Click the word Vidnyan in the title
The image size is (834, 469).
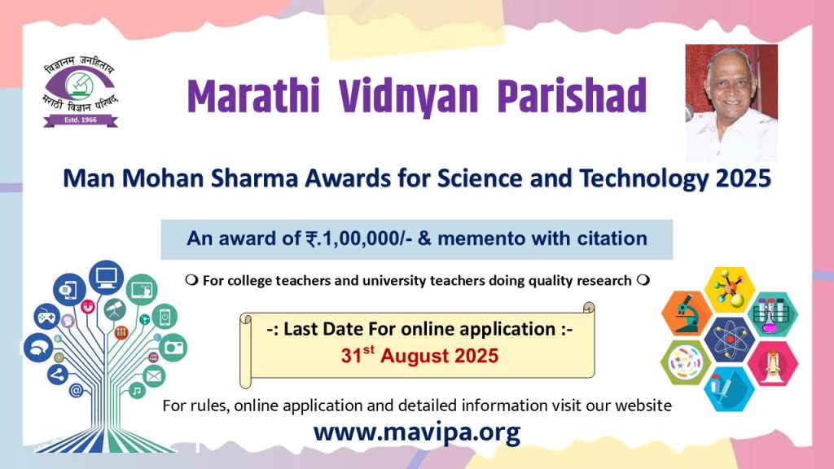coord(408,97)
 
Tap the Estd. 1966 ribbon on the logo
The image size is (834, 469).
coord(81,121)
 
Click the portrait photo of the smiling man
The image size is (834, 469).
coord(731,103)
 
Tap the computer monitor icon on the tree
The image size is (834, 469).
coord(107,277)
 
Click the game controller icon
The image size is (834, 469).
coord(46,317)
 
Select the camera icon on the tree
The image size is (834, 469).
coord(173,347)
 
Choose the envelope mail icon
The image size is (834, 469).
coord(154,376)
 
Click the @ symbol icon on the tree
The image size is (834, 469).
coord(76,391)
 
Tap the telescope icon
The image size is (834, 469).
coord(114,309)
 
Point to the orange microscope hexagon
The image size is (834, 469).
coord(687,313)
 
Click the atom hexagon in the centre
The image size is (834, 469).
coord(729,339)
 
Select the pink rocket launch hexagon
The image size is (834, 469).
coord(773,364)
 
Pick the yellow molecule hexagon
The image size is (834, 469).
coord(730,289)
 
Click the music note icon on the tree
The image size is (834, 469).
coord(137,391)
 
